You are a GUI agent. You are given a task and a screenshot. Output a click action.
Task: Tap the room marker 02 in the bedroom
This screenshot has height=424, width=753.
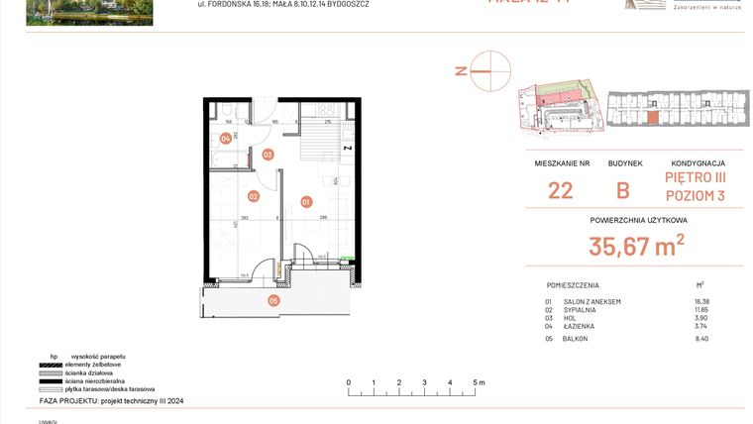(x=254, y=196)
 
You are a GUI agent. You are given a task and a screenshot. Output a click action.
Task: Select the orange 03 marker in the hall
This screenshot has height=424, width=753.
(x=268, y=155)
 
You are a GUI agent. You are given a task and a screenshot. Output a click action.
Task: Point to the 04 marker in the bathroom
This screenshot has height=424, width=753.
(x=226, y=139)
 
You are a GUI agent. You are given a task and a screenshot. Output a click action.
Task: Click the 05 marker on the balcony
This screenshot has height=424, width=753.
(x=274, y=300)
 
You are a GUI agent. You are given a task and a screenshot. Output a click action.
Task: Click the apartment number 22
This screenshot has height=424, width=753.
(x=560, y=191)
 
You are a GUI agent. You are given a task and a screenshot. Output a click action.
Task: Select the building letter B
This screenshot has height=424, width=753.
(x=623, y=191)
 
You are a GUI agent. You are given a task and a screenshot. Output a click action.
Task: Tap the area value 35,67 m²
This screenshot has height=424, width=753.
(x=637, y=246)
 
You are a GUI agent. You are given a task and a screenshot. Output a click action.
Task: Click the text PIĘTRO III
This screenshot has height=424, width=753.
(x=695, y=177)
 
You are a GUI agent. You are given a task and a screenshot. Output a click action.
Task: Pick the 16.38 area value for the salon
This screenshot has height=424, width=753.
(x=702, y=301)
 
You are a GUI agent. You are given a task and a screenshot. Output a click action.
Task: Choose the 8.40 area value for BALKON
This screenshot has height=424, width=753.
(x=703, y=339)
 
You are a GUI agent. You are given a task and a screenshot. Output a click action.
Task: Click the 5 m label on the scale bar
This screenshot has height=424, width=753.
(x=477, y=381)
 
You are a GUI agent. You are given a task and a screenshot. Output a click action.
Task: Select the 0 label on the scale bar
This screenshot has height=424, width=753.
(x=349, y=381)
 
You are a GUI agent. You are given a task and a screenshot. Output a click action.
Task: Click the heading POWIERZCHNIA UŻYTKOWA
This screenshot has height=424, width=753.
(x=638, y=220)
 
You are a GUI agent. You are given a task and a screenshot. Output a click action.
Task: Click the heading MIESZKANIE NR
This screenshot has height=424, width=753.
(x=561, y=163)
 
